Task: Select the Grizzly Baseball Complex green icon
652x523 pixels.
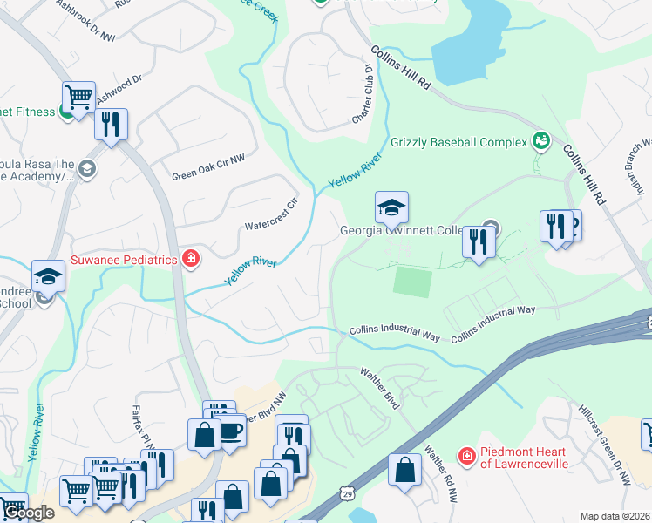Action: [540, 140]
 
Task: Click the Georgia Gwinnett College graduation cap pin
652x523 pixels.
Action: [391, 207]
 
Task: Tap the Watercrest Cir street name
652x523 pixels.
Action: [271, 214]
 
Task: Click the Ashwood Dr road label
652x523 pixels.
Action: [119, 85]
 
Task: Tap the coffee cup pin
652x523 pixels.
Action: [231, 431]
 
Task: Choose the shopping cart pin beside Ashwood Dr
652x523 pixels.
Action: [78, 98]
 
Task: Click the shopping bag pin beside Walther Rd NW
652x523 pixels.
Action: [404, 470]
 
